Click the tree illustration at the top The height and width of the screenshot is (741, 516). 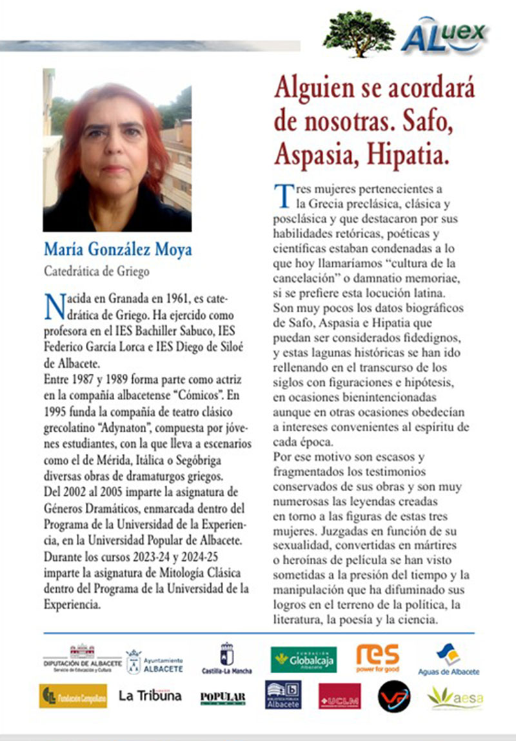tap(359, 33)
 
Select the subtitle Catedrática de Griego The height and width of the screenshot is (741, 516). tap(96, 271)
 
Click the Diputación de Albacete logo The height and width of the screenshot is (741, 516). tap(82, 659)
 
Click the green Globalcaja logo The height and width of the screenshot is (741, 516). tap(303, 659)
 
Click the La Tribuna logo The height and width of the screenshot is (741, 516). tap(150, 696)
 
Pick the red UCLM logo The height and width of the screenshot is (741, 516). tap(339, 696)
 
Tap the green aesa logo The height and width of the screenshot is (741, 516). tap(455, 696)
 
